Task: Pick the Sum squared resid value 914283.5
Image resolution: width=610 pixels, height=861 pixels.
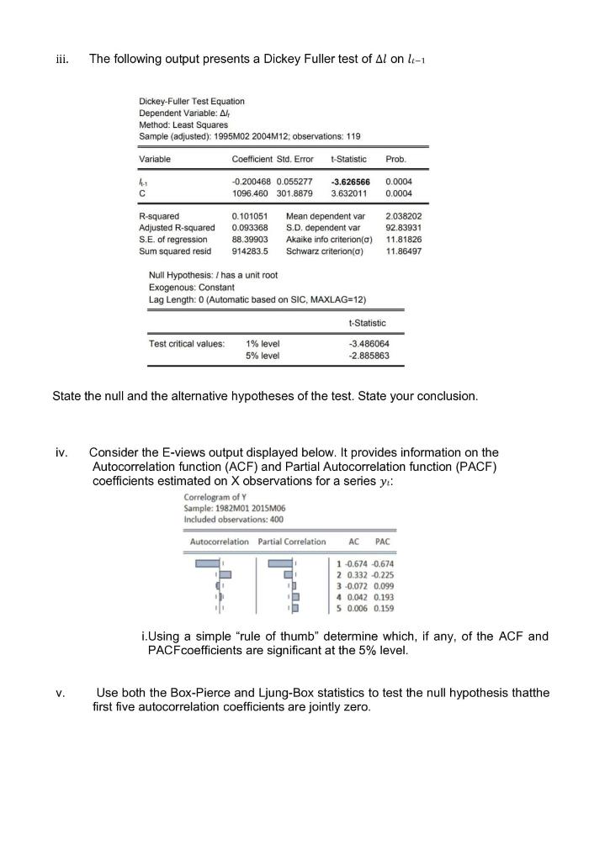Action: (250, 251)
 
